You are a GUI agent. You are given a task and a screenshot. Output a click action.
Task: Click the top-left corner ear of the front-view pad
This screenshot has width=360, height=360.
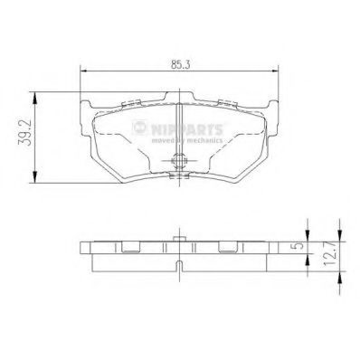pos(89,101)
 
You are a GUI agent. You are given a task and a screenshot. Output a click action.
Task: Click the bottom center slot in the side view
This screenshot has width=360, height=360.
pos(179,266)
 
